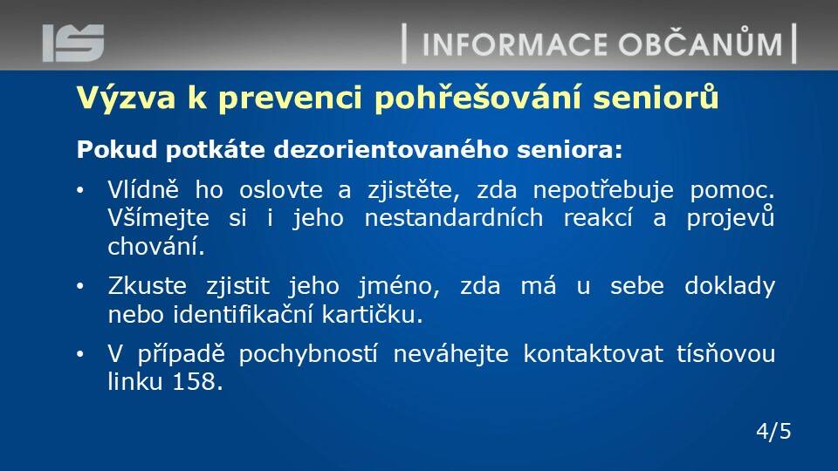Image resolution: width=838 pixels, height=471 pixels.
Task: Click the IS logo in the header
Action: click(x=73, y=43)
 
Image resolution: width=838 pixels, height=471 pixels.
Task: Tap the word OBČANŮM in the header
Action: click(x=701, y=42)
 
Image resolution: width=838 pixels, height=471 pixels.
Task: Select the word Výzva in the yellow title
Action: click(x=126, y=99)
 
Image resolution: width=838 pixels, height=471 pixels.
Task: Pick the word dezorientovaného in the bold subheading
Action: click(x=391, y=149)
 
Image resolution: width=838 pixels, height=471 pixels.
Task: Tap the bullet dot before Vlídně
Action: click(x=80, y=191)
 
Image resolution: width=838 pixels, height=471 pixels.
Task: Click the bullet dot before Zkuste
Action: click(x=80, y=287)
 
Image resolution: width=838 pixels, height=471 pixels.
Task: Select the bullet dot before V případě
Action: click(x=80, y=355)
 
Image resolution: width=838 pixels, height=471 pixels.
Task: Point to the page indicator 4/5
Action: click(x=773, y=431)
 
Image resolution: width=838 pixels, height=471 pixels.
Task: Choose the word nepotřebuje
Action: click(x=603, y=191)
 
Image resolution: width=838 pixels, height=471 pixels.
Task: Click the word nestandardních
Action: click(x=454, y=218)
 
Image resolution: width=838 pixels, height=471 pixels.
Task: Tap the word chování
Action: click(x=156, y=246)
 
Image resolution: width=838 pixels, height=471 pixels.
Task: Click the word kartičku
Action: click(x=372, y=314)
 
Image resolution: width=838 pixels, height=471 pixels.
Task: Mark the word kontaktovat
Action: click(x=594, y=353)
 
